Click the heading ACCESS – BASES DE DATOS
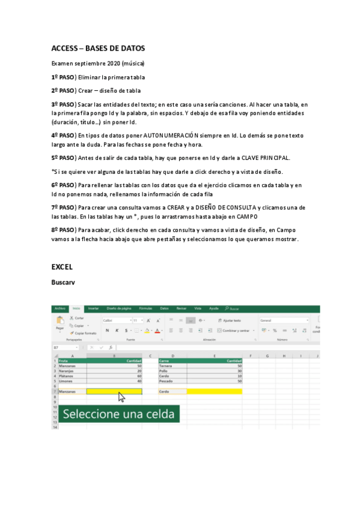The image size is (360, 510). (x=98, y=48)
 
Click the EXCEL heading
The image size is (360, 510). (x=62, y=266)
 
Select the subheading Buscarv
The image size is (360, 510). (x=63, y=281)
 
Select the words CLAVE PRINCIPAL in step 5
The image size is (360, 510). (x=266, y=158)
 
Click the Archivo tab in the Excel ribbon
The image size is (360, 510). (x=59, y=309)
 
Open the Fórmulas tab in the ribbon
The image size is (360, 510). (x=145, y=309)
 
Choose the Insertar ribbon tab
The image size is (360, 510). (x=93, y=309)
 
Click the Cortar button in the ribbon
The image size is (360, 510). (x=78, y=318)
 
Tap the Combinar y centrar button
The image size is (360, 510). (x=235, y=330)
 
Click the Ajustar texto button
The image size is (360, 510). (x=230, y=321)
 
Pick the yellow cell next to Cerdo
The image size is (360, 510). (x=214, y=392)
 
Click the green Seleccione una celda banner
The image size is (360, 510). (x=118, y=414)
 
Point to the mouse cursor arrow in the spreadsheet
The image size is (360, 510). (x=121, y=397)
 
